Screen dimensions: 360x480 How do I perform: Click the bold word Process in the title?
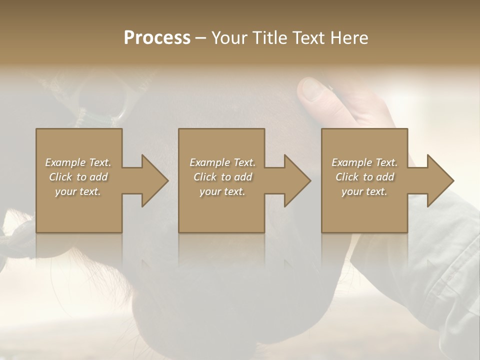coord(157,38)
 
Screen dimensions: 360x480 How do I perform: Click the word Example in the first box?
coord(65,162)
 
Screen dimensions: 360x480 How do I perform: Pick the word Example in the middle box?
coord(210,162)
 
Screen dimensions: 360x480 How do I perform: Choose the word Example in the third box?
coord(352,162)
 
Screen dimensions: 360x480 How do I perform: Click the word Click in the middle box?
coord(205,177)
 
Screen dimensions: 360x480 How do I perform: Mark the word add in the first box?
coord(98,177)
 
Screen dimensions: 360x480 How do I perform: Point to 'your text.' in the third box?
coord(364,191)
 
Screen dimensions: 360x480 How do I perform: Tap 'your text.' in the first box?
coord(78,191)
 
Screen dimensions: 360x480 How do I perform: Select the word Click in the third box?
coord(347,177)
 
